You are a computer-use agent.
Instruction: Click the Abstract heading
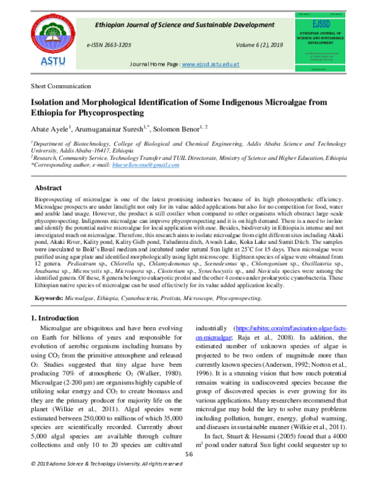[47, 188]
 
